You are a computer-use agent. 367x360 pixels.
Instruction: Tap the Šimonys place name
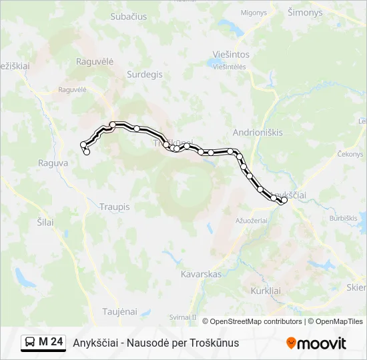pos(304,13)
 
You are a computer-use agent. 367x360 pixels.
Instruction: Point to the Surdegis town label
pos(144,75)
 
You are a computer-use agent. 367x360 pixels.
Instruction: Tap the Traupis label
pos(114,207)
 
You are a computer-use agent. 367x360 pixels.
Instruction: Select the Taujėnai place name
pos(119,311)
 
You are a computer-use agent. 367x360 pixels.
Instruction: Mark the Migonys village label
pos(254,12)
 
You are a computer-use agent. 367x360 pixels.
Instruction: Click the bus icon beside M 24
pos(31,343)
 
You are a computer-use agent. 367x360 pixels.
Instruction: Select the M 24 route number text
pos(51,342)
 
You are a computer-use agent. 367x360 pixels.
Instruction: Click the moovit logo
pos(316,343)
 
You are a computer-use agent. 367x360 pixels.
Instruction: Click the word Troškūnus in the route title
pos(215,343)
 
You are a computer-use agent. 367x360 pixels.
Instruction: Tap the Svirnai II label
pos(183,317)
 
